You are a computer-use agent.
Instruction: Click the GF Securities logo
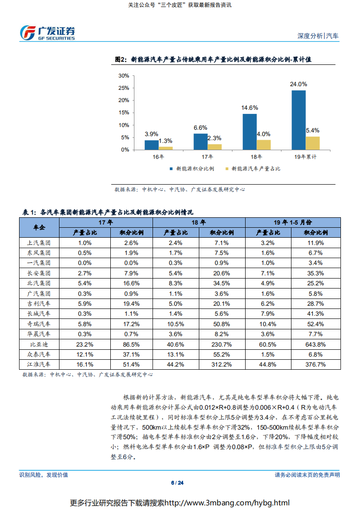pos(47,32)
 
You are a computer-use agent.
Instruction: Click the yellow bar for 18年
pos(263,144)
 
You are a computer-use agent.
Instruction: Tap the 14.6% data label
pos(250,108)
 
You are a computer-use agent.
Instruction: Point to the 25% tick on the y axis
pos(124,100)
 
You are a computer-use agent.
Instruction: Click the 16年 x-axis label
pos(158,157)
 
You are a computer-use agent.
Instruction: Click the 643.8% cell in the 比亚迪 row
pos(316,344)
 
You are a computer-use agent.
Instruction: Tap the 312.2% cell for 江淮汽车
pos(222,364)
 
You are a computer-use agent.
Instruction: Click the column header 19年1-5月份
pos(293,222)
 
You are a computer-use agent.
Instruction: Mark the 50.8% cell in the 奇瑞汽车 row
pos(222,324)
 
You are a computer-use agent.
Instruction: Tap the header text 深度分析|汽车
pos(318,36)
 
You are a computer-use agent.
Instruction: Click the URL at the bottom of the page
pos(227,503)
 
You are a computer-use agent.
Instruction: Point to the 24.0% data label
pos(299,84)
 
